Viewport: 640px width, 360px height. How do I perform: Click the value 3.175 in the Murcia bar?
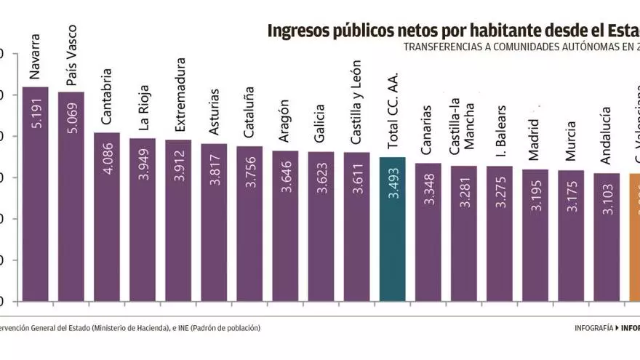click(571, 196)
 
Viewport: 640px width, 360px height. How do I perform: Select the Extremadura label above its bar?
click(180, 99)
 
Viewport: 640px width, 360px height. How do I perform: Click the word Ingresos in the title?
click(300, 31)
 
